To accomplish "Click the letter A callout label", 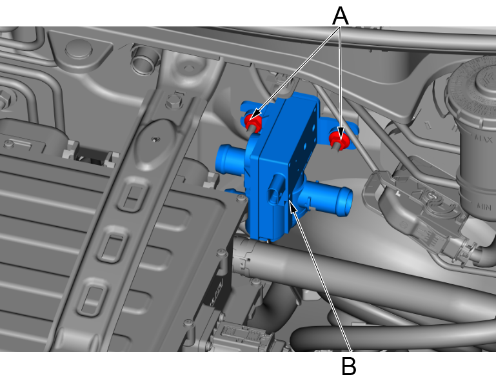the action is click(341, 16).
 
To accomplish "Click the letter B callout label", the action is click(349, 366).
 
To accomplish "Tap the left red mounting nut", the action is click(253, 122).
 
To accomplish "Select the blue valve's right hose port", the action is click(329, 198).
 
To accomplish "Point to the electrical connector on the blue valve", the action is click(276, 190).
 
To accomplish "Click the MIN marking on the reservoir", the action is click(484, 207).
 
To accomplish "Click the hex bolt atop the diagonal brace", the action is click(174, 101).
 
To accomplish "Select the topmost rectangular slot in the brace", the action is click(132, 195).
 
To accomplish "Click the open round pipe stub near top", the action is click(143, 60).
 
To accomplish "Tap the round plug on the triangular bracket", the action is click(79, 49).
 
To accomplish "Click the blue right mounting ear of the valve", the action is click(339, 133).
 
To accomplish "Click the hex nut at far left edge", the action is click(5, 99).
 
